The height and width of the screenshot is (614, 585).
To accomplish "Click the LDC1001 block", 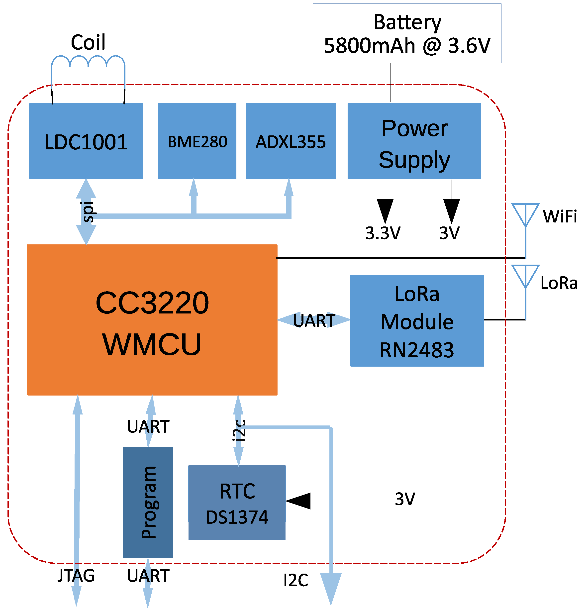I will [x=86, y=141].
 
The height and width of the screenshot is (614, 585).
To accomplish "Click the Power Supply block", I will [x=414, y=141].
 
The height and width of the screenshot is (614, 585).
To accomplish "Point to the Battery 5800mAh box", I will [x=407, y=33].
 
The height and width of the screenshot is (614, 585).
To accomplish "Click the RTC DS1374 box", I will [x=237, y=502].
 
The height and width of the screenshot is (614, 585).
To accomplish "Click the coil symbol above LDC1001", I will [x=88, y=62].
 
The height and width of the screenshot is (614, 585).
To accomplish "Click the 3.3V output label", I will [x=383, y=233].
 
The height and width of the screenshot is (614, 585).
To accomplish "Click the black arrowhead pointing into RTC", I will [x=299, y=501].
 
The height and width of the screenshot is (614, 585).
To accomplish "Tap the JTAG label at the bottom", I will [x=76, y=576].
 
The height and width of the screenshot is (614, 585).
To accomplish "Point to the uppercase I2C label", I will [x=296, y=580].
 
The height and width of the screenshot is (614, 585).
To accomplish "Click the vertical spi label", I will [x=88, y=212].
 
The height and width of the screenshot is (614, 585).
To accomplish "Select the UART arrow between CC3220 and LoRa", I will [x=314, y=320].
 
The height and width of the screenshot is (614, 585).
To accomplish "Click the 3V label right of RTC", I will [x=405, y=499].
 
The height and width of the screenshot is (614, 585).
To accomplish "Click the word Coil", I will [x=88, y=42].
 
